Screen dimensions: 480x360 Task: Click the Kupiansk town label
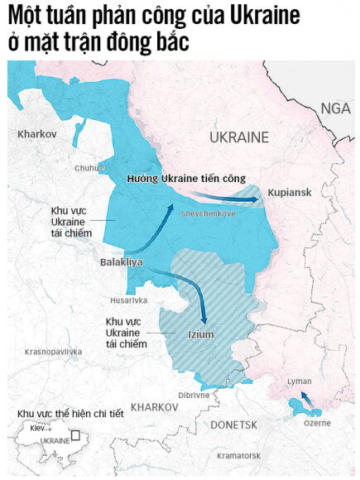[x=289, y=192]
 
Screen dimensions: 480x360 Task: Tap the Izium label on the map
[x=201, y=334]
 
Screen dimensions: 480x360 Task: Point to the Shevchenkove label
[x=208, y=214]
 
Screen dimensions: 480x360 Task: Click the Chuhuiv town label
[x=91, y=167]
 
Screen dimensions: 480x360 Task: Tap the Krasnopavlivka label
[x=54, y=352]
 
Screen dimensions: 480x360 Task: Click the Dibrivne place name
[x=193, y=395]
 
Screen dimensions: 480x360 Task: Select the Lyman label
[x=299, y=382]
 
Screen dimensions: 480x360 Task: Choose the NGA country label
[x=336, y=108]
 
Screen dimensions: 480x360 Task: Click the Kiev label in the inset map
[x=38, y=429]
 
